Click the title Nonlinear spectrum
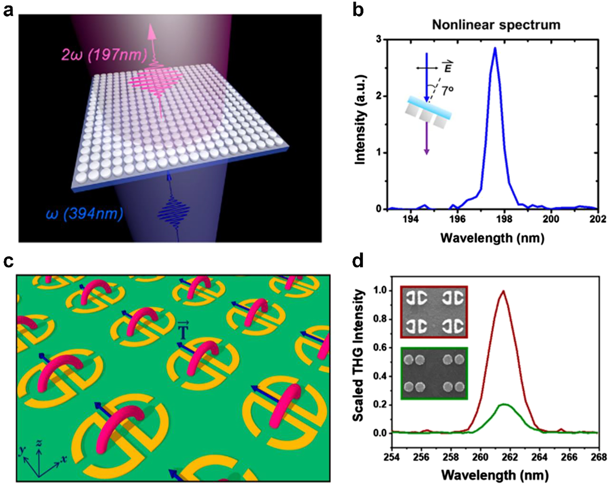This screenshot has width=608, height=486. pyautogui.click(x=496, y=25)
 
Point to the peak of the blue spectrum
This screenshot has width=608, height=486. pyautogui.click(x=495, y=48)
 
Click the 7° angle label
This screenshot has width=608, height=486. pyautogui.click(x=447, y=91)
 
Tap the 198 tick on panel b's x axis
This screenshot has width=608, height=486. pyautogui.click(x=504, y=220)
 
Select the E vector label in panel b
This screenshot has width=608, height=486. pyautogui.click(x=448, y=67)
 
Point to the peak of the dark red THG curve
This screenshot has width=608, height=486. pyautogui.click(x=503, y=291)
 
